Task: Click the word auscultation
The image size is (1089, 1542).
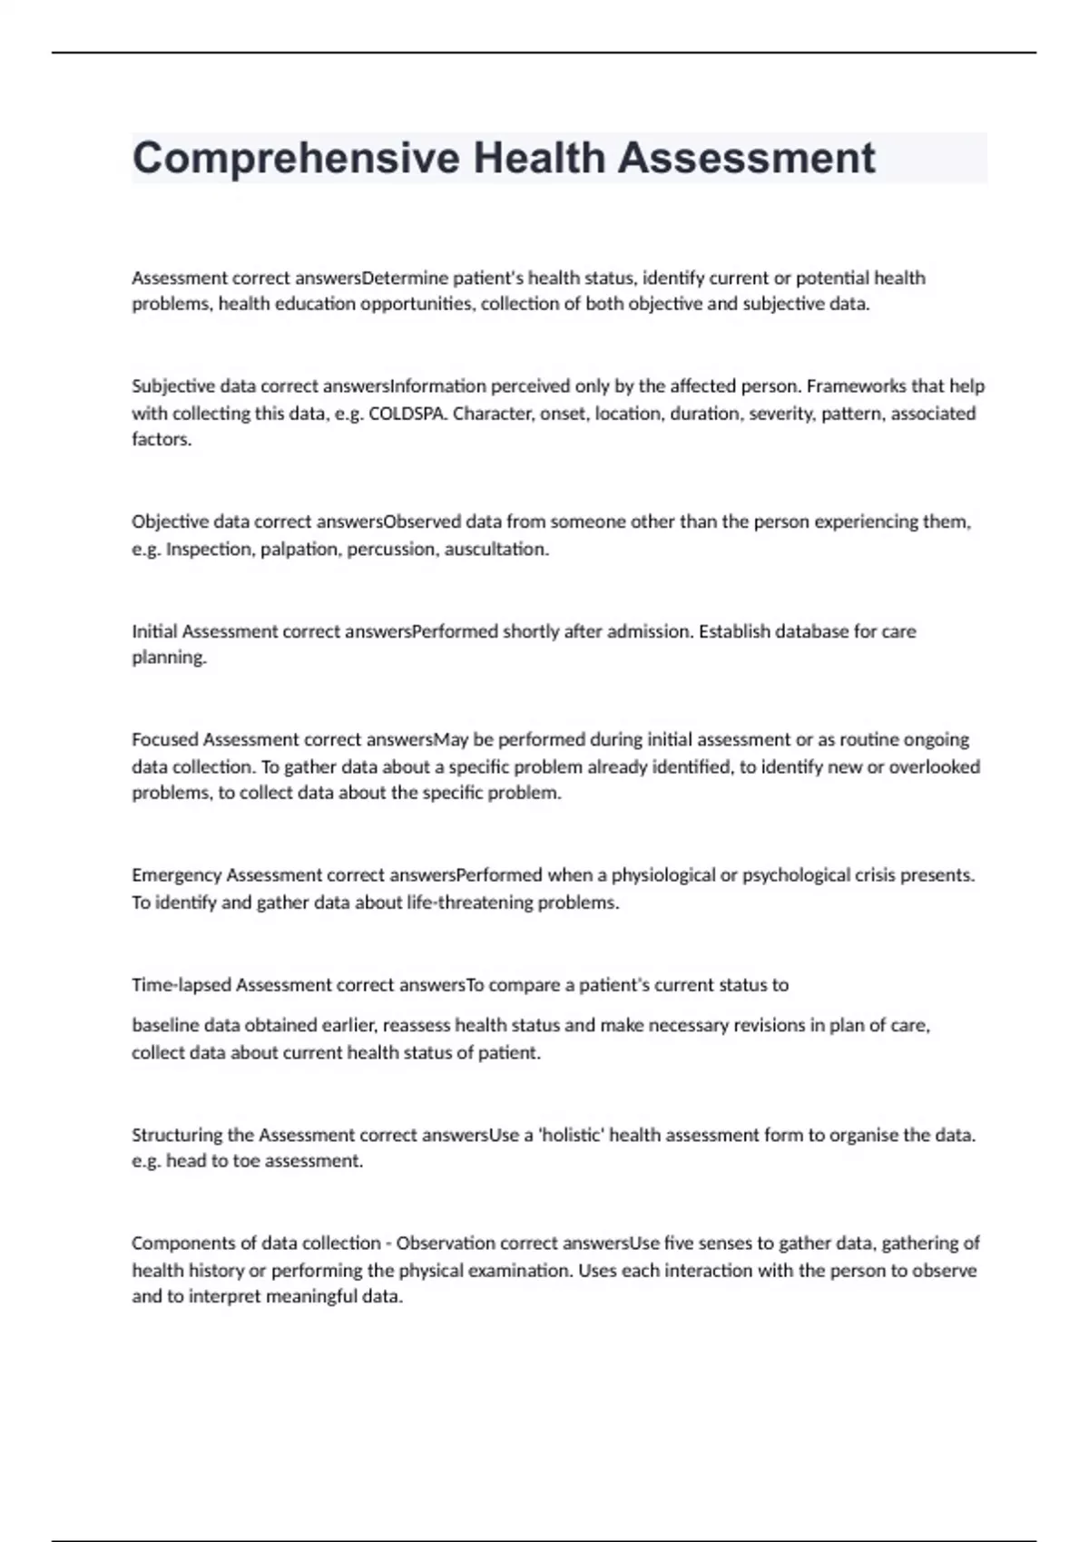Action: tap(496, 550)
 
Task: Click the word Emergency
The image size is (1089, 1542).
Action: tap(176, 876)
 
